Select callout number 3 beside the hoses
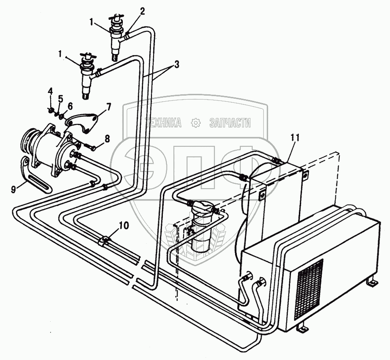tap(176, 64)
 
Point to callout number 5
tap(61, 98)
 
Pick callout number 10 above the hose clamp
tap(124, 226)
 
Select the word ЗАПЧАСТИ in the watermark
tap(230, 123)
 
